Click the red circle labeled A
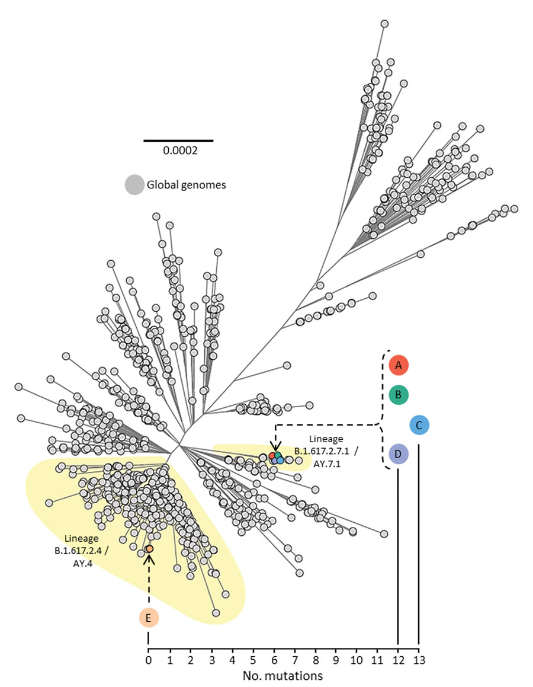[398, 365]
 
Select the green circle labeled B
[398, 395]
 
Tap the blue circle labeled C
[419, 425]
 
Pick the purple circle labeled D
[398, 454]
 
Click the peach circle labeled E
[149, 618]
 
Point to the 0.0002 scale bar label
[180, 151]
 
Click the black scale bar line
[178, 140]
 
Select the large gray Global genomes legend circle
[134, 185]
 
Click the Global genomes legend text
[187, 185]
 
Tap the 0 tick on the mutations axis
[149, 660]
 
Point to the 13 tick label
[419, 660]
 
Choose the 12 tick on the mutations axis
[398, 660]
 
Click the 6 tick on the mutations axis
[274, 660]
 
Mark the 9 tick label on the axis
[336, 660]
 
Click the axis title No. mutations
[282, 676]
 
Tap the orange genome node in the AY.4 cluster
[149, 548]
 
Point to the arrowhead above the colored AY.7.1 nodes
[275, 447]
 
